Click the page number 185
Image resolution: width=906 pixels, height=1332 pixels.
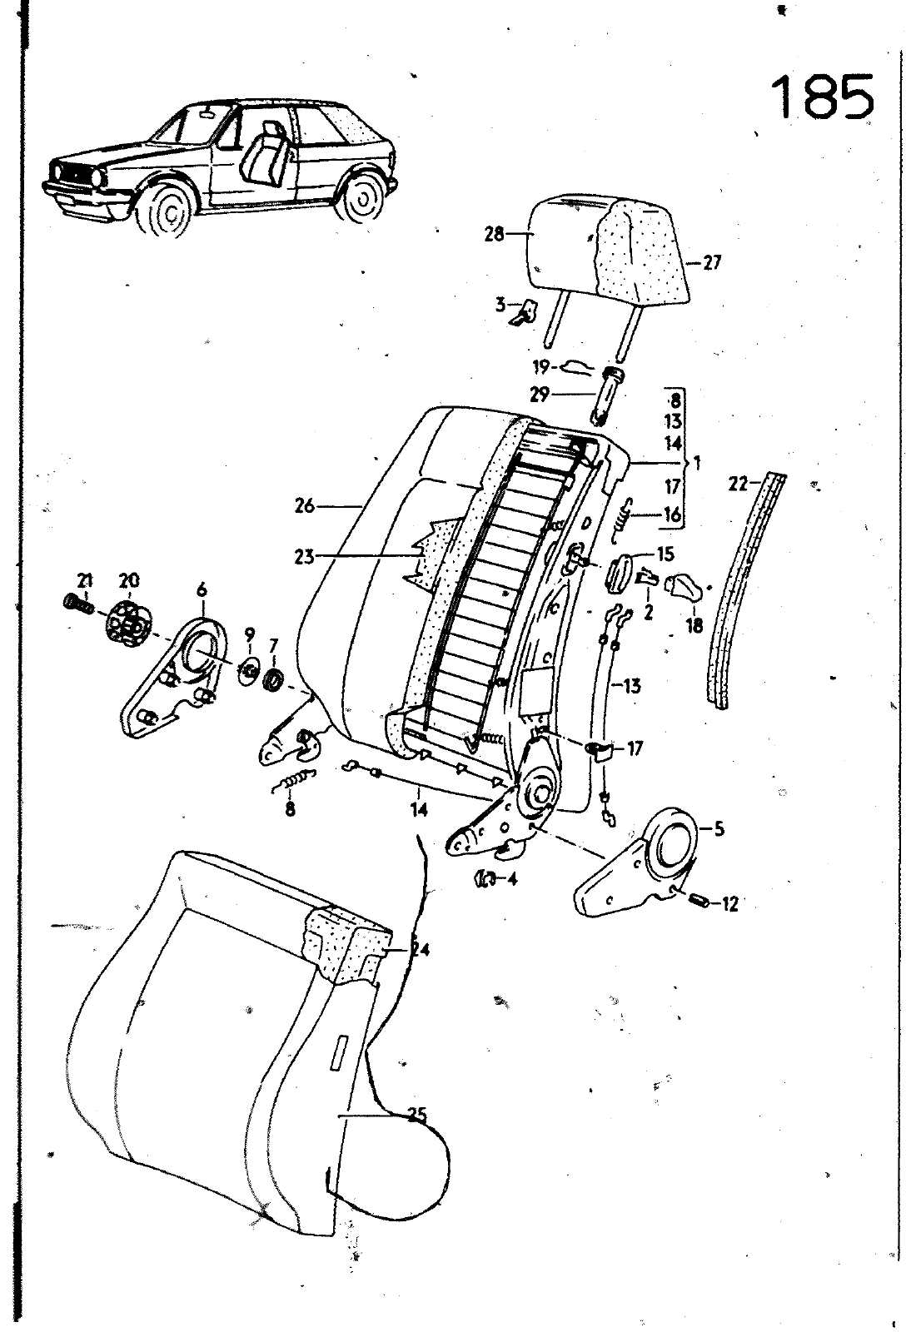pyautogui.click(x=824, y=97)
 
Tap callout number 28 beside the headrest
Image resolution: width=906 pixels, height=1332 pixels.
pyautogui.click(x=495, y=234)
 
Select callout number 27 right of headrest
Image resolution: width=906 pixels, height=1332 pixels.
pyautogui.click(x=711, y=262)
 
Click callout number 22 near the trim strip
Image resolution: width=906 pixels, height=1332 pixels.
pyautogui.click(x=739, y=484)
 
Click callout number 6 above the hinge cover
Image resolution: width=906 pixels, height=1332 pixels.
pyautogui.click(x=202, y=589)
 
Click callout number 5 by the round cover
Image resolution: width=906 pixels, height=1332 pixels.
pyautogui.click(x=719, y=829)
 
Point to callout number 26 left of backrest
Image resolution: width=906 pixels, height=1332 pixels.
pyautogui.click(x=305, y=507)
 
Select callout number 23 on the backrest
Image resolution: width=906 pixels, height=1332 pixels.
pyautogui.click(x=305, y=558)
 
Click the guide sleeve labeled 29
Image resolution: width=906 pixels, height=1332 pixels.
pyautogui.click(x=605, y=395)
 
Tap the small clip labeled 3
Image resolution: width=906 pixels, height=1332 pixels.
pyautogui.click(x=524, y=312)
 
